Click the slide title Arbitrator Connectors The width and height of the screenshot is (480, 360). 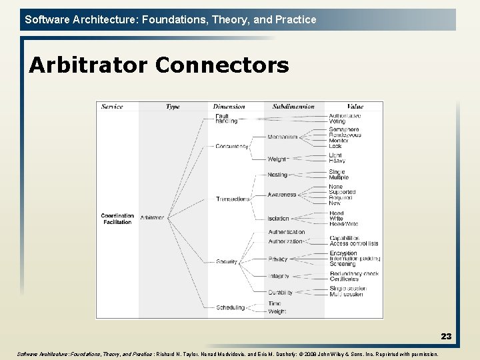[159, 65]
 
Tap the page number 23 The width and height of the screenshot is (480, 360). [445, 337]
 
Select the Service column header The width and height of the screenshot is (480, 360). [112, 107]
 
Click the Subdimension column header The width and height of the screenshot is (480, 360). [293, 107]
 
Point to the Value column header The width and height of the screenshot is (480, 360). [355, 107]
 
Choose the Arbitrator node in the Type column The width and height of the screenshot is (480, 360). [152, 217]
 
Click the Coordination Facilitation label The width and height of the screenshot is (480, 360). [117, 219]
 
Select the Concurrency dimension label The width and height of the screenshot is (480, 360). [231, 147]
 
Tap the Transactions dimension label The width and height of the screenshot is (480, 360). [232, 199]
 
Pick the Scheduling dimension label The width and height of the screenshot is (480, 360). [230, 307]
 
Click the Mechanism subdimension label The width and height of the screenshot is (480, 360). [282, 137]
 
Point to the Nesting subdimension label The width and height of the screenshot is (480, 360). [277, 175]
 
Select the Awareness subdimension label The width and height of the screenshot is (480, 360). [281, 195]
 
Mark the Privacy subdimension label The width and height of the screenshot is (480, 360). [278, 259]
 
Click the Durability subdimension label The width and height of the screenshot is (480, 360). [280, 292]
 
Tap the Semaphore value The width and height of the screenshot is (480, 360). [344, 129]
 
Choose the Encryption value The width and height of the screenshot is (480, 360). [343, 253]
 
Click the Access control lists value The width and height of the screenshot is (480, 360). [353, 243]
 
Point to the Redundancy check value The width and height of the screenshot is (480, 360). [354, 274]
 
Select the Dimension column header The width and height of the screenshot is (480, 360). [229, 107]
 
